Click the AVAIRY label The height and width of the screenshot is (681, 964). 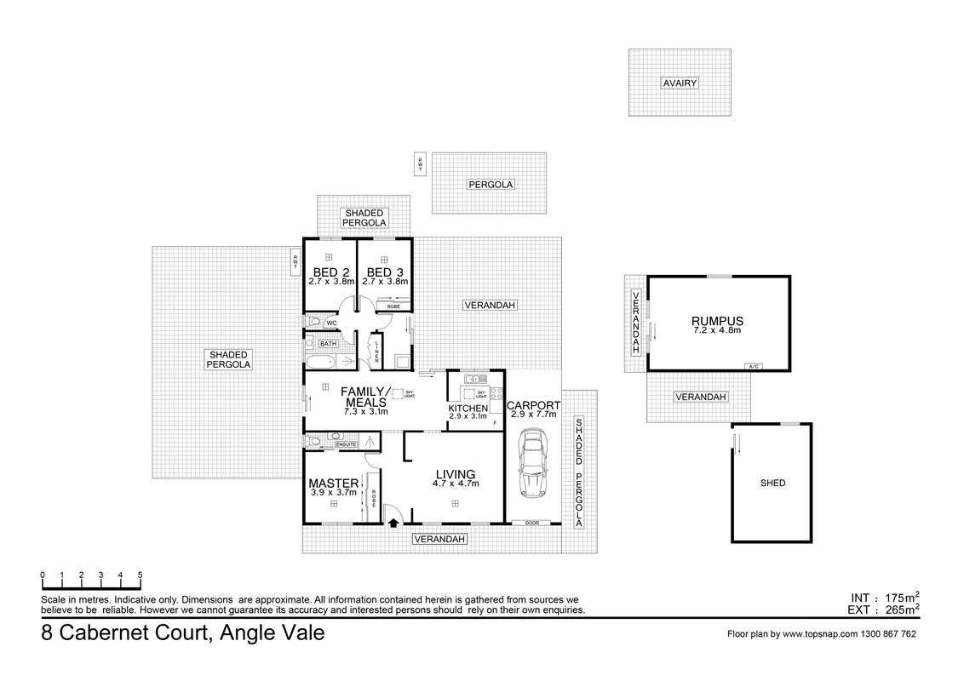click(x=680, y=83)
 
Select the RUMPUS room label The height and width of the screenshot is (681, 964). click(x=717, y=321)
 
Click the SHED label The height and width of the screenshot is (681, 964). click(x=772, y=484)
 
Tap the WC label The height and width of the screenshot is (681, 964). click(x=331, y=323)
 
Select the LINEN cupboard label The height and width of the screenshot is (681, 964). click(x=376, y=350)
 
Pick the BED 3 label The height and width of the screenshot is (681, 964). click(x=385, y=272)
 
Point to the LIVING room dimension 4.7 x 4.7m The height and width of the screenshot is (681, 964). click(x=456, y=484)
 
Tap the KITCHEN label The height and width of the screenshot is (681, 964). click(x=468, y=409)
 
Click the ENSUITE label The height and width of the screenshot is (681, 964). click(x=346, y=444)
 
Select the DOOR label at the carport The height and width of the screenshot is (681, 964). click(x=532, y=523)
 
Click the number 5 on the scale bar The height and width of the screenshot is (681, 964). click(x=140, y=575)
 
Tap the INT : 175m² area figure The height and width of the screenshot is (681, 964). click(x=884, y=597)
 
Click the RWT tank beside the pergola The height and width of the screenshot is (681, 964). click(x=420, y=163)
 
